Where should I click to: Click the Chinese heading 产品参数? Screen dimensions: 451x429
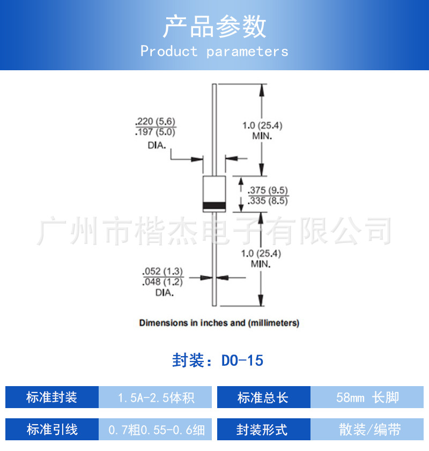tap(214, 26)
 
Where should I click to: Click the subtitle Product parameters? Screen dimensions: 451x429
tap(214, 51)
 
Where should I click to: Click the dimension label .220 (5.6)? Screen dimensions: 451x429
tap(156, 121)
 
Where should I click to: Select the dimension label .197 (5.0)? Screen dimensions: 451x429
tap(156, 132)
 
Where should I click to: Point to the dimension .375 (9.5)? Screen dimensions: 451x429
tap(268, 190)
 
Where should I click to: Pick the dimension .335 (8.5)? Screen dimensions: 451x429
tap(268, 202)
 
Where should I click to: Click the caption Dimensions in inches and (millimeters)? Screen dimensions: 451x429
tap(219, 323)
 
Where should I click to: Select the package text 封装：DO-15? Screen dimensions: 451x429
tap(218, 360)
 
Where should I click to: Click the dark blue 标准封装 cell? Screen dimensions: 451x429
tap(52, 397)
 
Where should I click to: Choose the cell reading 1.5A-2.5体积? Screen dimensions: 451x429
tap(156, 397)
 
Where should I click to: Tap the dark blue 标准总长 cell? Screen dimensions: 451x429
tap(263, 397)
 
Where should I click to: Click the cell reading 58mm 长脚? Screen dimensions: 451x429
tap(367, 397)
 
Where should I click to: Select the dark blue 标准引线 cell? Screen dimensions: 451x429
tap(52, 430)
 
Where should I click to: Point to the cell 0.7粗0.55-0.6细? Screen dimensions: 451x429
tap(156, 430)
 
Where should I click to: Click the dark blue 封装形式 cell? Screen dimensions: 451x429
tap(263, 430)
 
